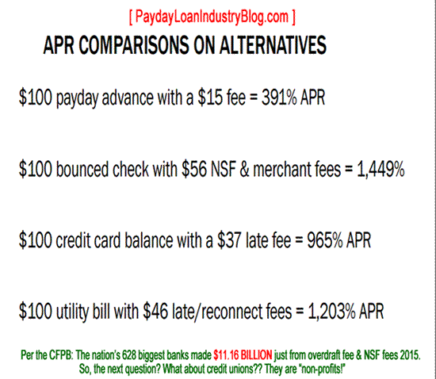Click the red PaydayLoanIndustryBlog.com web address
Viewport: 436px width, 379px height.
point(212,17)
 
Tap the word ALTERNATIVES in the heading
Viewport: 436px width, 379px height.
point(273,45)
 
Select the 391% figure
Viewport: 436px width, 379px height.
point(279,98)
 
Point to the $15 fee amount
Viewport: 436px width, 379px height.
point(210,98)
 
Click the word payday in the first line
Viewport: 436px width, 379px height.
point(78,99)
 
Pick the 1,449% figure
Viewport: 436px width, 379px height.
point(381,170)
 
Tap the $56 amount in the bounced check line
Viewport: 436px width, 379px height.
point(194,169)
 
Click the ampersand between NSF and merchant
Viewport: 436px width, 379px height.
point(244,170)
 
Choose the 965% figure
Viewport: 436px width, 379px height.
point(325,240)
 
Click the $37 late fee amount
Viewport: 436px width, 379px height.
point(230,240)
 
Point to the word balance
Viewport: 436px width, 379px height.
point(149,240)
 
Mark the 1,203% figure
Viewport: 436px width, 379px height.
point(332,312)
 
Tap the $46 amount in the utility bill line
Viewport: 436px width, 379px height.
point(155,311)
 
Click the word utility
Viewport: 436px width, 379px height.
point(72,312)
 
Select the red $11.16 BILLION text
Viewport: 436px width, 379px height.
point(243,355)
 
